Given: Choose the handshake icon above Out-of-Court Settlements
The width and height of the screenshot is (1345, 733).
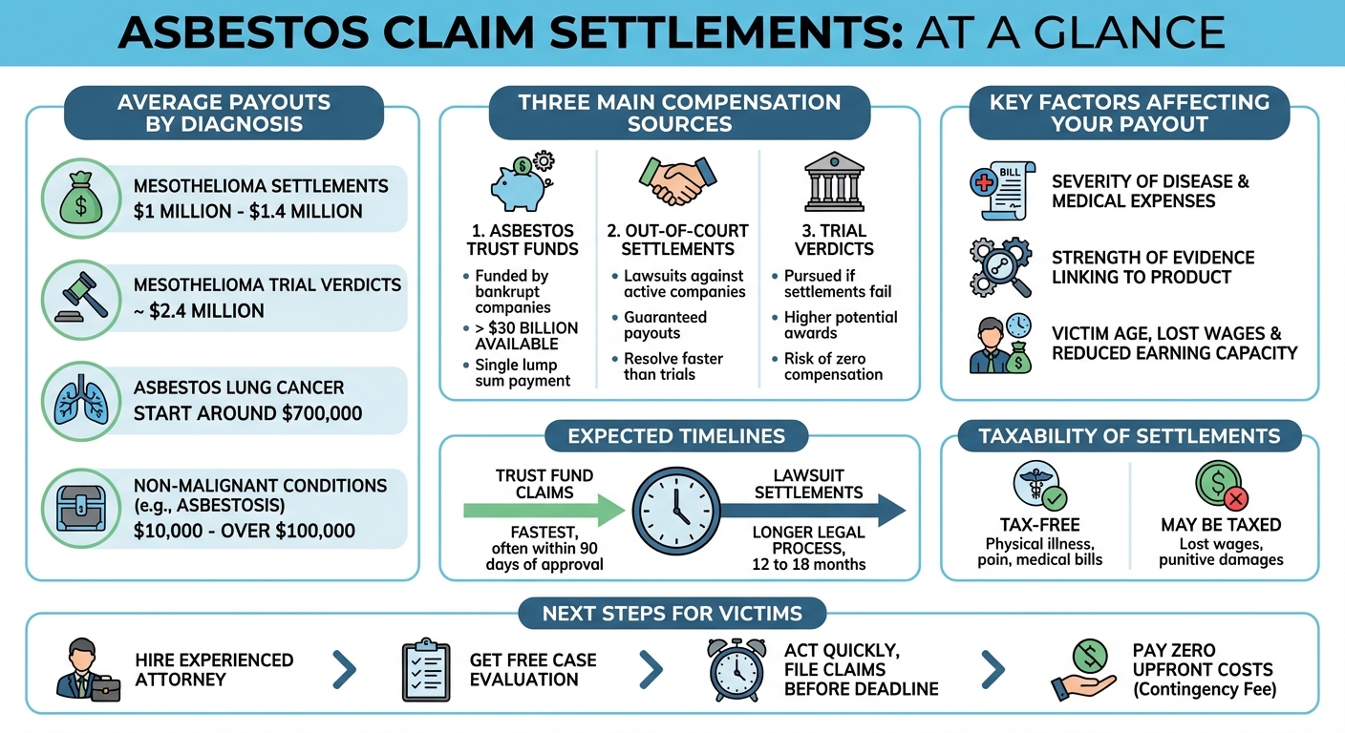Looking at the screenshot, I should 677,181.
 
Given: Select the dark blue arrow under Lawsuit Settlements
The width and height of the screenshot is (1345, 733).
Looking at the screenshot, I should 812,510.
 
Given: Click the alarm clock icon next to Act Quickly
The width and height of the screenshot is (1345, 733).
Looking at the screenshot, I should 737,669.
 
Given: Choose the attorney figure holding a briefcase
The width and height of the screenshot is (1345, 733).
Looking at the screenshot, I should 88,671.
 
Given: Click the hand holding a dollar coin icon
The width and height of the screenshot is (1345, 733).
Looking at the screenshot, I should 1084,669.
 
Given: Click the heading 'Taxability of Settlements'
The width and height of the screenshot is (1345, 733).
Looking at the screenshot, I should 1129,437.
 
